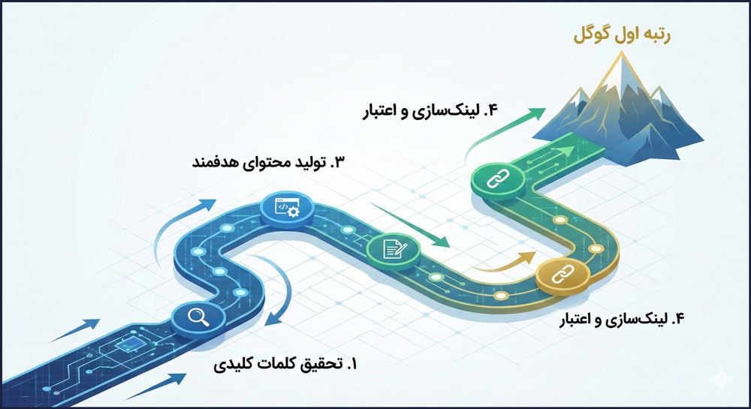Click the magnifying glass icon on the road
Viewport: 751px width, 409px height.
[198, 317]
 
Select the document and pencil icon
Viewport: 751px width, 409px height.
[394, 248]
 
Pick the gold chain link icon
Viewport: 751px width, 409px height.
[562, 275]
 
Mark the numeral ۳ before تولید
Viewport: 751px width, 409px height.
[338, 163]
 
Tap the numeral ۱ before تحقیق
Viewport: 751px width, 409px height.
[354, 365]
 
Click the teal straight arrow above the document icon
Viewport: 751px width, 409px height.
[410, 225]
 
